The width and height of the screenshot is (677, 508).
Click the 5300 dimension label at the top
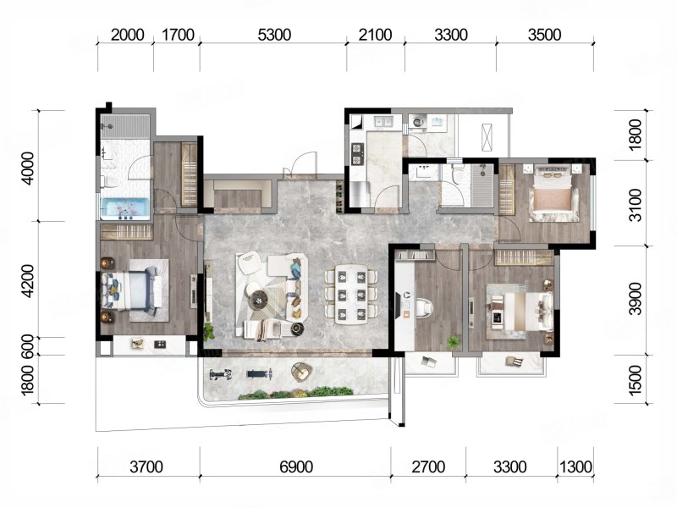coord(274,35)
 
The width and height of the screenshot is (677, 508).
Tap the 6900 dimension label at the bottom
coord(296,467)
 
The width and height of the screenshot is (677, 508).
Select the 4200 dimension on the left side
coord(27,281)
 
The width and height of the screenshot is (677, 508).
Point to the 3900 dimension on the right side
coord(636,299)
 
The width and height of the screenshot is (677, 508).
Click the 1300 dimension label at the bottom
coord(575,467)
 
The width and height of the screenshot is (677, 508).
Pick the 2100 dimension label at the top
coord(375,35)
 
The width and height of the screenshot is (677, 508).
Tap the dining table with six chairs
coord(351,295)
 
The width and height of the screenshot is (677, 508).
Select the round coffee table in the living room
coord(258,299)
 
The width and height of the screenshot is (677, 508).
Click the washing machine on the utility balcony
coord(417,122)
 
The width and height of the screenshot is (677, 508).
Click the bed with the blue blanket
coord(130,290)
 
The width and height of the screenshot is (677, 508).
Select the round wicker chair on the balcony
coord(301,372)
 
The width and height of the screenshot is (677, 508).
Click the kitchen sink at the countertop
coord(383,121)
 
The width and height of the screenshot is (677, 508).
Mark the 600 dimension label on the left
coord(27,346)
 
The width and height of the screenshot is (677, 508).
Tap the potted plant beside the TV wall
coord(209,332)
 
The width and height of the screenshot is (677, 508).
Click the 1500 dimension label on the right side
coord(636,380)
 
